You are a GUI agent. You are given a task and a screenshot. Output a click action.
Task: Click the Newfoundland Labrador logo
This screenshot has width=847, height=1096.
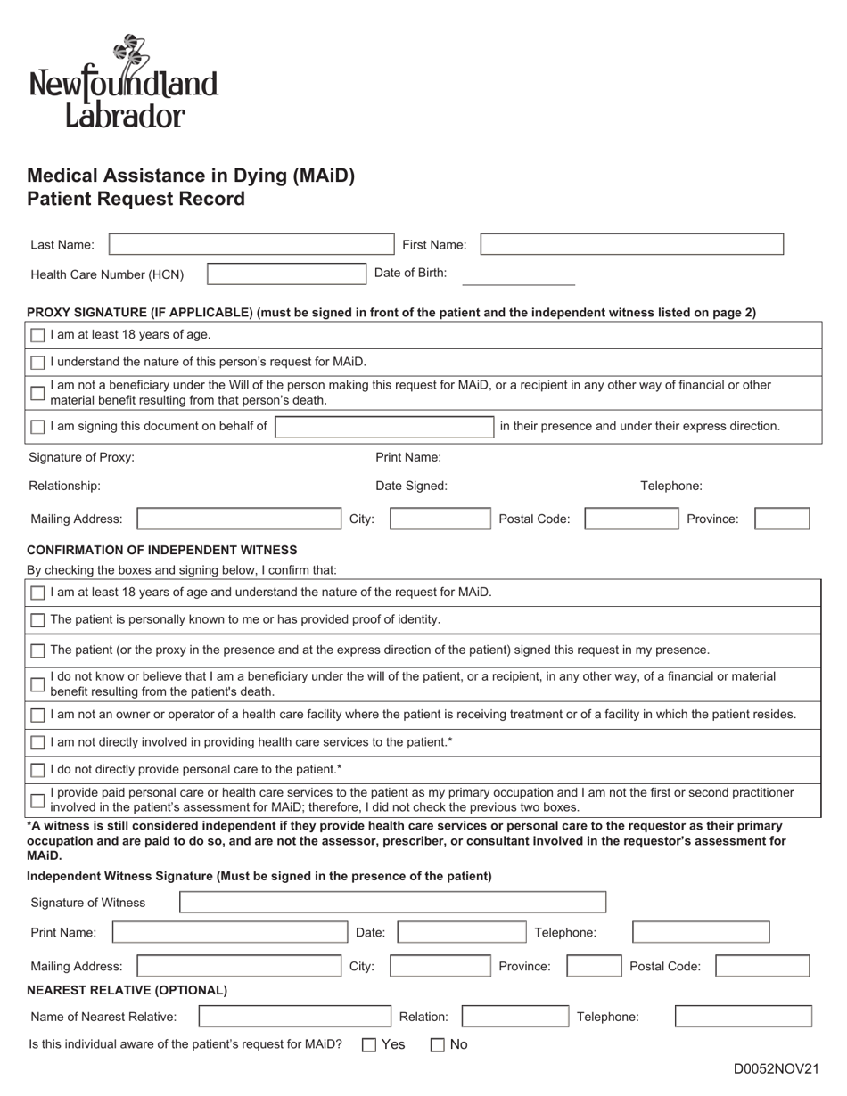tap(124, 82)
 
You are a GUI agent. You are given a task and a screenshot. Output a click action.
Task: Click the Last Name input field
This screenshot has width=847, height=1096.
tap(250, 244)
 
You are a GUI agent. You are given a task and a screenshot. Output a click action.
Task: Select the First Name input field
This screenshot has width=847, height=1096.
tap(631, 244)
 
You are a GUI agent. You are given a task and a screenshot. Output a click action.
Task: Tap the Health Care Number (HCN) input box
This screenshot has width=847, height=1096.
tap(286, 274)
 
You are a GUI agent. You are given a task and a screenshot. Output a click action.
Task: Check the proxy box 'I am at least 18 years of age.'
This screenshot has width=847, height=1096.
tap(37, 336)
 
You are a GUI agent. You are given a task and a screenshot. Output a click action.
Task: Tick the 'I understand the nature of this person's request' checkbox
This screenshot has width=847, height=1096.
tap(37, 363)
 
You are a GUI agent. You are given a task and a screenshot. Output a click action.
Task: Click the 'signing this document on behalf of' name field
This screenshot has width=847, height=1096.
tap(384, 427)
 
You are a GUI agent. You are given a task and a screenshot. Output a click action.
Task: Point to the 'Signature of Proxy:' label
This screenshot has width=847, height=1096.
tap(82, 458)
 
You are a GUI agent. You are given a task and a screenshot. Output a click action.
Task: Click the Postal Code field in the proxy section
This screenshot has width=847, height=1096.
tap(629, 519)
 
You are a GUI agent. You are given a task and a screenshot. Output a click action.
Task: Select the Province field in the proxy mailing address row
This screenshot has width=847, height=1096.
tap(782, 519)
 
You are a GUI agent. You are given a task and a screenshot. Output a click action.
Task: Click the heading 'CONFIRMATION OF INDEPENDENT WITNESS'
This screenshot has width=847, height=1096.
tap(162, 550)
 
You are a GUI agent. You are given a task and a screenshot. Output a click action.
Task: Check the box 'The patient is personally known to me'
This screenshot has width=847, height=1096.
tap(37, 620)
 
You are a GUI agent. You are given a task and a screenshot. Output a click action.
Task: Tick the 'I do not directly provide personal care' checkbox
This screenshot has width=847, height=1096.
tap(37, 770)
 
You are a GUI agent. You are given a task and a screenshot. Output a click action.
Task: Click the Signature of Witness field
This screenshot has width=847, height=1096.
tap(392, 903)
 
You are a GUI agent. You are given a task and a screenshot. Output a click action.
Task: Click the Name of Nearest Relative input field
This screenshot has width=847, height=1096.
tap(294, 1017)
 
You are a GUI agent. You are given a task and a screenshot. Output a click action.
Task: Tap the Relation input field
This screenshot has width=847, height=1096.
tap(514, 1017)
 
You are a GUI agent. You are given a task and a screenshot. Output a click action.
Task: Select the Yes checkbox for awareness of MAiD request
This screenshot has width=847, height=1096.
tap(369, 1045)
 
